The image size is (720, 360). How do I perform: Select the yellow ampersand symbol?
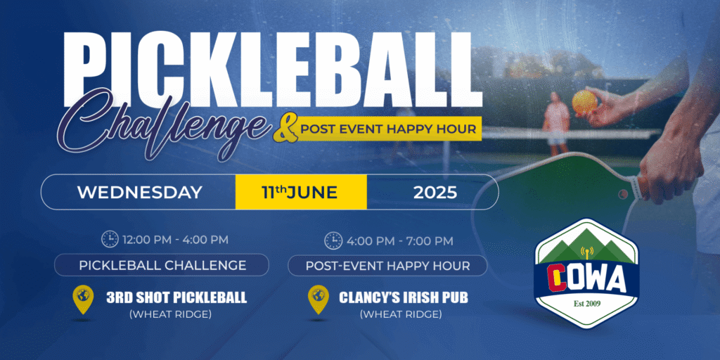[x=284, y=130]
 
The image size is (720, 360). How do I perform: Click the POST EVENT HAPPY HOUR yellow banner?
[x=388, y=129]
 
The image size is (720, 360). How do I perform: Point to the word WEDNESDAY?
[x=140, y=193]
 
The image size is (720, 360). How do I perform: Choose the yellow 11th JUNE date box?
[x=301, y=192]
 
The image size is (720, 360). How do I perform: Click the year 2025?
[x=435, y=193]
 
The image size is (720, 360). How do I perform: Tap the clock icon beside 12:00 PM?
[x=110, y=239]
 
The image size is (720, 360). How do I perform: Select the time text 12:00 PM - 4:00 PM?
[x=175, y=239]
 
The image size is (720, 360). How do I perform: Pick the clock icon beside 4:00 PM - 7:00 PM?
[x=333, y=240]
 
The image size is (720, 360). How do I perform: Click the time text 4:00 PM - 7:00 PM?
[x=400, y=240]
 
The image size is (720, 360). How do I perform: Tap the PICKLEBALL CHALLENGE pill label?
[x=162, y=265]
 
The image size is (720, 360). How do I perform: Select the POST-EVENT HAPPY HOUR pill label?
[x=387, y=266]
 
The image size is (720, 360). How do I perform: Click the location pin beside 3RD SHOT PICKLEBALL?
[x=83, y=298]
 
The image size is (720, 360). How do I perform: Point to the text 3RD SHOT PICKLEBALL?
[x=176, y=297]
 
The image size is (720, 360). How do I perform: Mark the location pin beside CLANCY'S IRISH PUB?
[x=319, y=298]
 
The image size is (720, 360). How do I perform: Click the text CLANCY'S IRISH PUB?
[x=403, y=297]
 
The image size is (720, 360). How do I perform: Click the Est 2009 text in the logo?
[x=587, y=304]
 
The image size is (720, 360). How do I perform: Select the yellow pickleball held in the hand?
[x=584, y=101]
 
